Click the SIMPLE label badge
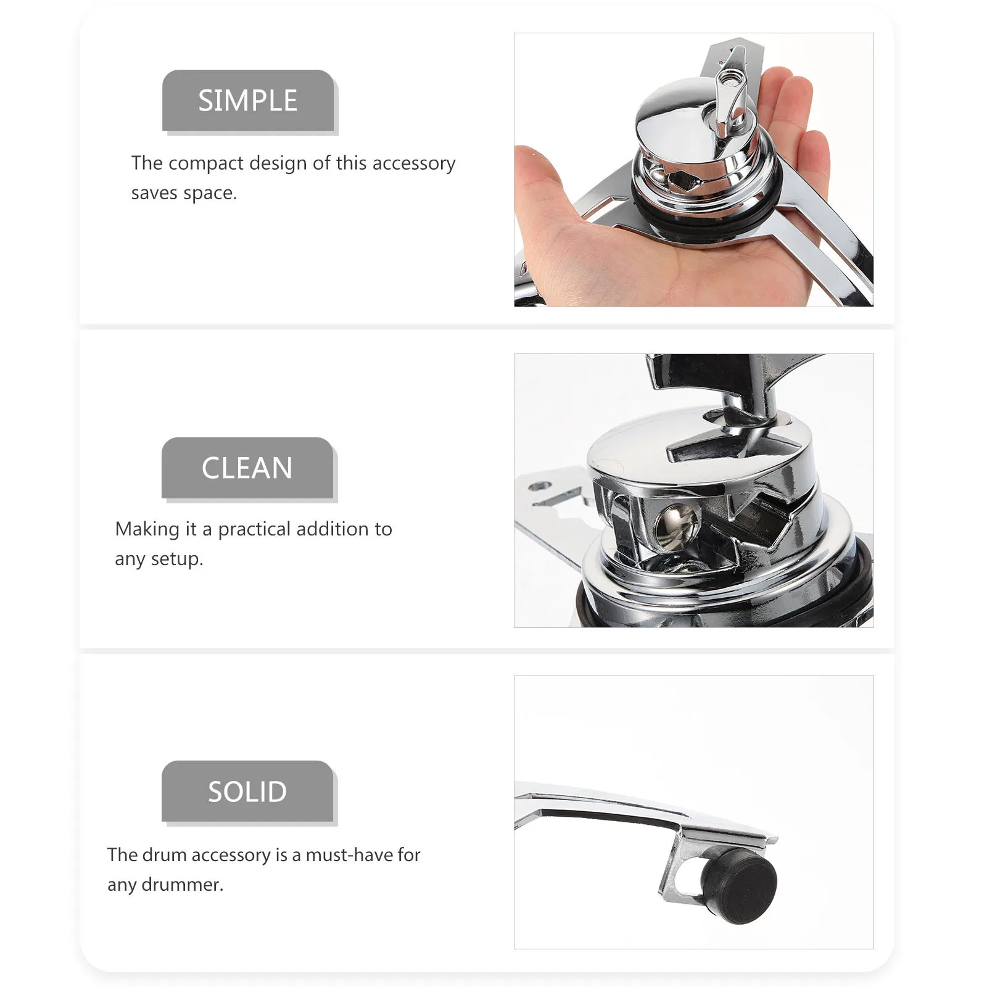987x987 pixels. [248, 101]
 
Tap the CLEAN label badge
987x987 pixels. [247, 468]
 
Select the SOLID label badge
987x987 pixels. [247, 791]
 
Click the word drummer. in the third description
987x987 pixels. [183, 885]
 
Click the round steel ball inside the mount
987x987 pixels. [674, 525]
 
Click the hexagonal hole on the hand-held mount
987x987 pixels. [683, 181]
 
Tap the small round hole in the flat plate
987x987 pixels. [542, 487]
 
